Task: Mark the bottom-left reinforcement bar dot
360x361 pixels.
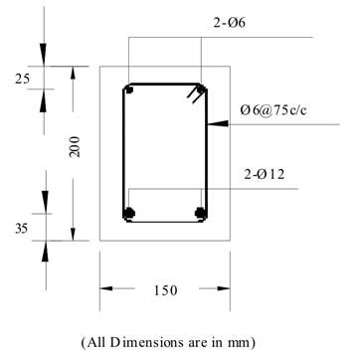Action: (128, 212)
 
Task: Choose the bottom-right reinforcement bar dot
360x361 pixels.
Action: (200, 212)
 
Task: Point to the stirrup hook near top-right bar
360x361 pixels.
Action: (189, 96)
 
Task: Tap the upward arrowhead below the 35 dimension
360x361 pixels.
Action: (44, 249)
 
